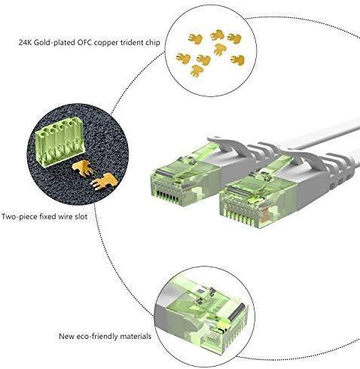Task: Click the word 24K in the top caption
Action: [x=25, y=42]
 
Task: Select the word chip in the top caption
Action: [x=153, y=43]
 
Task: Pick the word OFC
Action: [x=84, y=42]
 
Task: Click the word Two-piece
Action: [x=19, y=217]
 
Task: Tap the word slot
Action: [x=81, y=216]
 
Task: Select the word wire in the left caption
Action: [x=65, y=216]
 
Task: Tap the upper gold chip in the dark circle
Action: [x=83, y=168]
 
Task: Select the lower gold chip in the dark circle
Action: [x=104, y=181]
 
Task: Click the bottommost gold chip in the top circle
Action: [x=197, y=71]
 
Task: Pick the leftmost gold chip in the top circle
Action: [x=183, y=58]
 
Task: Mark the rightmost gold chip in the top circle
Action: [x=237, y=60]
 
